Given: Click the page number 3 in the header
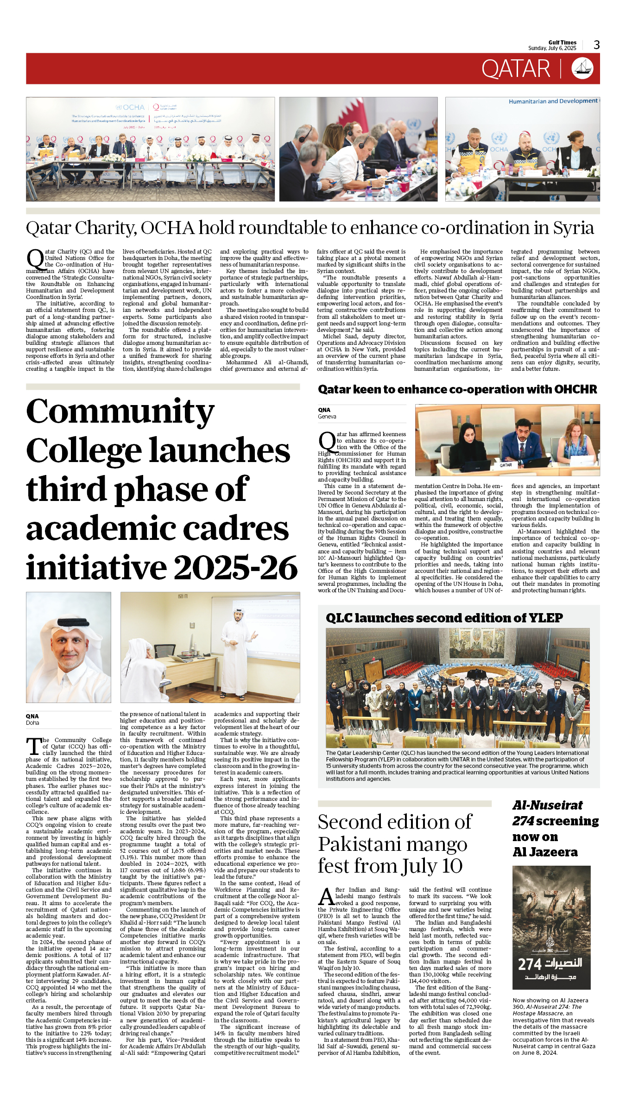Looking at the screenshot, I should click(x=596, y=45).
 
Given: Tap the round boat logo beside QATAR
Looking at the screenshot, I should click(x=582, y=69).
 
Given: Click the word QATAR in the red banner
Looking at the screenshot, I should click(x=515, y=69).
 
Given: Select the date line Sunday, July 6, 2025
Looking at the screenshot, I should click(x=552, y=48).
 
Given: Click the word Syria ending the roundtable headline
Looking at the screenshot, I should click(x=573, y=228).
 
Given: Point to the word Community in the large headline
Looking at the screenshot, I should click(x=120, y=412).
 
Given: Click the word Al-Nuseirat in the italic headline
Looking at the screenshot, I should click(x=547, y=805).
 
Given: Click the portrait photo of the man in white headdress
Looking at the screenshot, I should click(x=69, y=647).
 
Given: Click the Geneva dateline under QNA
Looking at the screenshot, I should click(x=327, y=417).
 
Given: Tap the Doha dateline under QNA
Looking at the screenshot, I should click(x=32, y=723).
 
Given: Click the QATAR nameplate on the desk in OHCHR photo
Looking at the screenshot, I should click(x=506, y=465).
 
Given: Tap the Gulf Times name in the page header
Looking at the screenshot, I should click(x=562, y=42).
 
